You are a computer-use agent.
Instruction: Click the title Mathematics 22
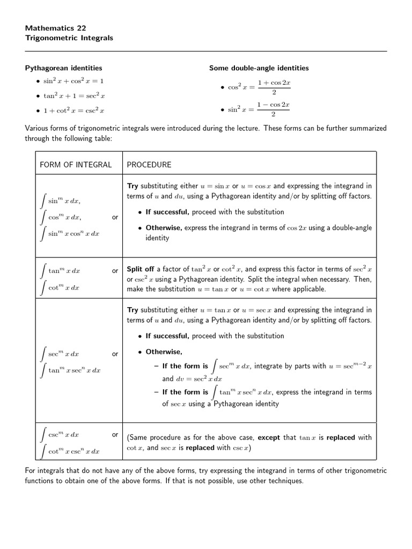(x=55, y=28)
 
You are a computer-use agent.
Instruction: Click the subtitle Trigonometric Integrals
(x=69, y=38)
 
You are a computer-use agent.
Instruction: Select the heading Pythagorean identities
(x=64, y=68)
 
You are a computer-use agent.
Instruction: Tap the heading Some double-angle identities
(x=259, y=68)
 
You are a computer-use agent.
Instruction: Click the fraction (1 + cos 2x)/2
(x=274, y=87)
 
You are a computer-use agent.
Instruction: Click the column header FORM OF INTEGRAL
(x=76, y=165)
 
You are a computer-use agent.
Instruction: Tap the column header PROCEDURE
(x=149, y=165)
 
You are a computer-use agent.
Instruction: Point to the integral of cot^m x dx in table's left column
(x=60, y=287)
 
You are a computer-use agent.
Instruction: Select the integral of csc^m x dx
(x=60, y=434)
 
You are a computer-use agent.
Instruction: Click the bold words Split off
(x=140, y=270)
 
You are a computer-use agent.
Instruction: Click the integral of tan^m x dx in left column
(x=60, y=271)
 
